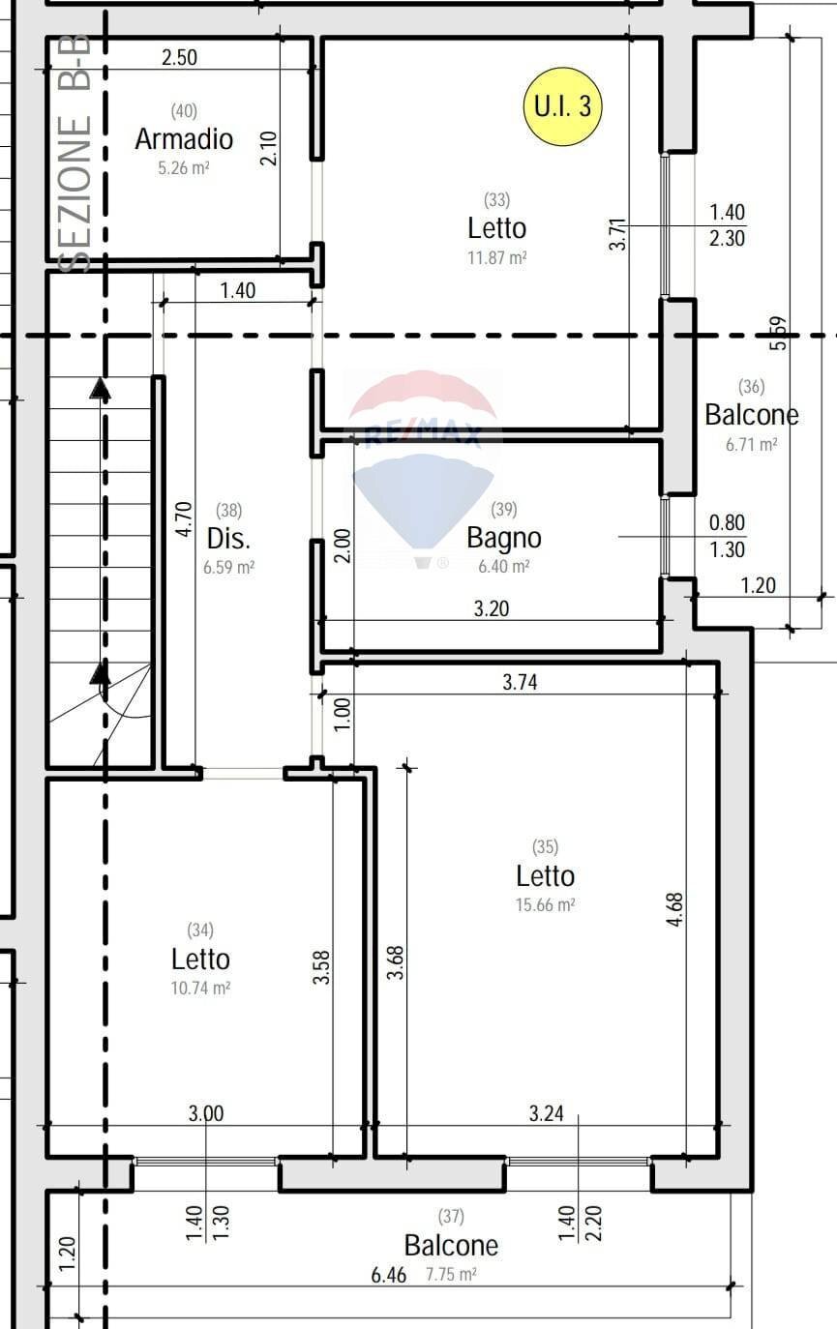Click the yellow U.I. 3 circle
pyautogui.click(x=562, y=105)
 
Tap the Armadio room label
pyautogui.click(x=184, y=139)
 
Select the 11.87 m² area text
pyautogui.click(x=496, y=258)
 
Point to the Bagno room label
pyautogui.click(x=503, y=538)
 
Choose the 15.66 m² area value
pyautogui.click(x=545, y=905)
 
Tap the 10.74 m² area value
pyautogui.click(x=201, y=989)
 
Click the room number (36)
pyautogui.click(x=751, y=387)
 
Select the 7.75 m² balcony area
pyautogui.click(x=451, y=1275)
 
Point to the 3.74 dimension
pyautogui.click(x=521, y=682)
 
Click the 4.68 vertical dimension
pyautogui.click(x=675, y=910)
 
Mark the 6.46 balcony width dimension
pyautogui.click(x=389, y=1275)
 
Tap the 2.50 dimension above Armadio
pyautogui.click(x=179, y=58)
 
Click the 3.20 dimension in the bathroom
pyautogui.click(x=492, y=608)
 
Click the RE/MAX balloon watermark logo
pyautogui.click(x=423, y=464)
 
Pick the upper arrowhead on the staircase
pyautogui.click(x=100, y=389)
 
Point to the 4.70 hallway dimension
pyautogui.click(x=184, y=519)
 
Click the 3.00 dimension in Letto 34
pyautogui.click(x=205, y=1113)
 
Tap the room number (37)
pyautogui.click(x=451, y=1216)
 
